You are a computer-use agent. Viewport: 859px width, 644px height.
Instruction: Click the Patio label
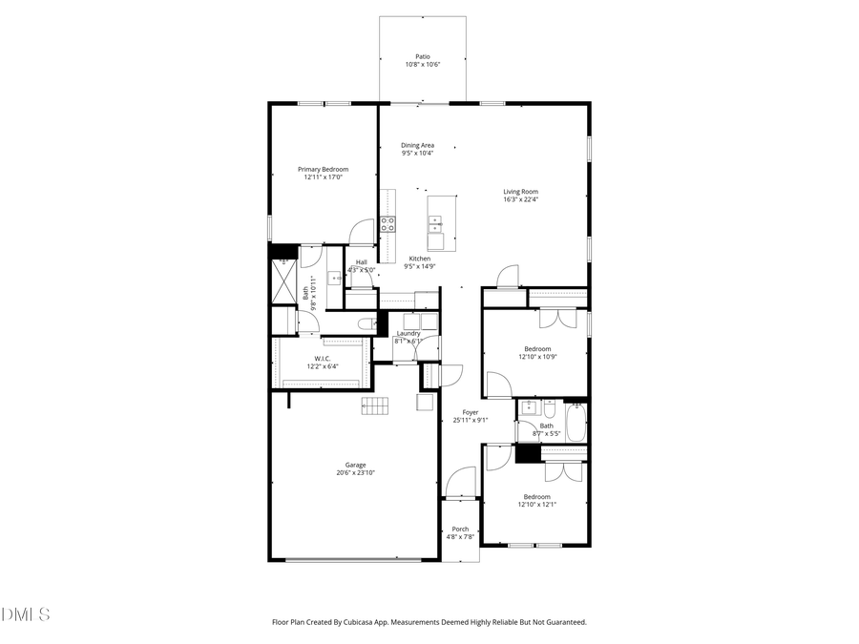[x=422, y=56]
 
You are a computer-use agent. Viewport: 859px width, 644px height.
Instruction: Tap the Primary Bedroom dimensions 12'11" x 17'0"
[x=323, y=177]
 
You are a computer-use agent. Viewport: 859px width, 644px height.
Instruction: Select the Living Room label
[x=521, y=192]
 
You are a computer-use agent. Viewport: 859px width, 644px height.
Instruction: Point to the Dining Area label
[x=417, y=145]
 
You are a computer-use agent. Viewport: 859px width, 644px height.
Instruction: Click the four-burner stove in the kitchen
[x=388, y=225]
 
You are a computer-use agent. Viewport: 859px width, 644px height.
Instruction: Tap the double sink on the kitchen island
[x=435, y=225]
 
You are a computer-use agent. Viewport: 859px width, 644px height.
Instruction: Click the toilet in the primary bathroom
[x=366, y=324]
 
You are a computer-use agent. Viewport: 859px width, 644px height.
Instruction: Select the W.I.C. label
[x=322, y=359]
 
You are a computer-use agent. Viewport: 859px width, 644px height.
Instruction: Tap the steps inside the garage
[x=375, y=405]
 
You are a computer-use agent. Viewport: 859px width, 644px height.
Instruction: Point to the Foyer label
[x=471, y=412]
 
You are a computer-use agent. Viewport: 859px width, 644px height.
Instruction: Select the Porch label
[x=460, y=529]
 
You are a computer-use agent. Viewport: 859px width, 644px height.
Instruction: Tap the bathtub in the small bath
[x=576, y=422]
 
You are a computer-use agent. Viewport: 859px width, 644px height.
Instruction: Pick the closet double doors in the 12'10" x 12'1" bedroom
[x=563, y=470]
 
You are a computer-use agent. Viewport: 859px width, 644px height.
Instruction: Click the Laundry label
[x=409, y=333]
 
